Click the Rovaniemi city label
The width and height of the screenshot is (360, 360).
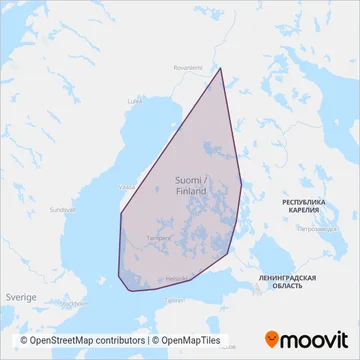[186, 69]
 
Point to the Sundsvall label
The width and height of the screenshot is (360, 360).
[62, 210]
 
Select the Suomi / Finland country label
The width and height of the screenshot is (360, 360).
[190, 182]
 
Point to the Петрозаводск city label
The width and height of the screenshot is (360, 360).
[316, 229]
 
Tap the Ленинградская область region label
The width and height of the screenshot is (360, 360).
[287, 280]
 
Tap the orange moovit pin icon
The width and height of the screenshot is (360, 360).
[275, 338]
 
